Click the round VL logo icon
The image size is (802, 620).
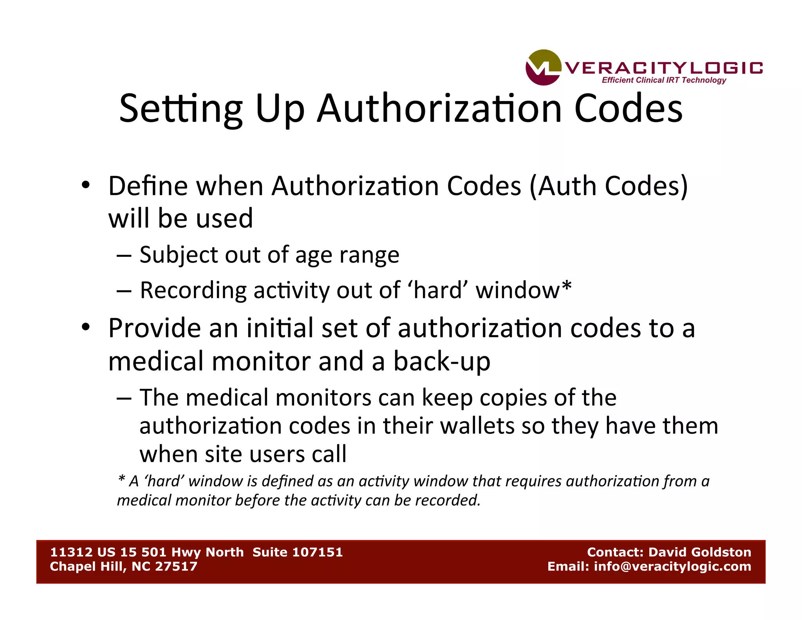pos(543,67)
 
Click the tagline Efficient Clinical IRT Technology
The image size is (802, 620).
pos(664,80)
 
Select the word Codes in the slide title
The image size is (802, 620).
pos(628,109)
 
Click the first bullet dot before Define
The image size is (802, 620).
pos(86,185)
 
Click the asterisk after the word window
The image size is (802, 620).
pos(567,287)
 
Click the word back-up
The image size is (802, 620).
pos(442,361)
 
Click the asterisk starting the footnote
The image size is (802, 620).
pos(121,479)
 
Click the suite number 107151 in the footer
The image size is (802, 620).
pos(317,552)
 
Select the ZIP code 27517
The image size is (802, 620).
pos(176,566)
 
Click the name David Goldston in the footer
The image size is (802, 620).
pos(700,552)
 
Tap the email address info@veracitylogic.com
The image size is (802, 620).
pos(672,566)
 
